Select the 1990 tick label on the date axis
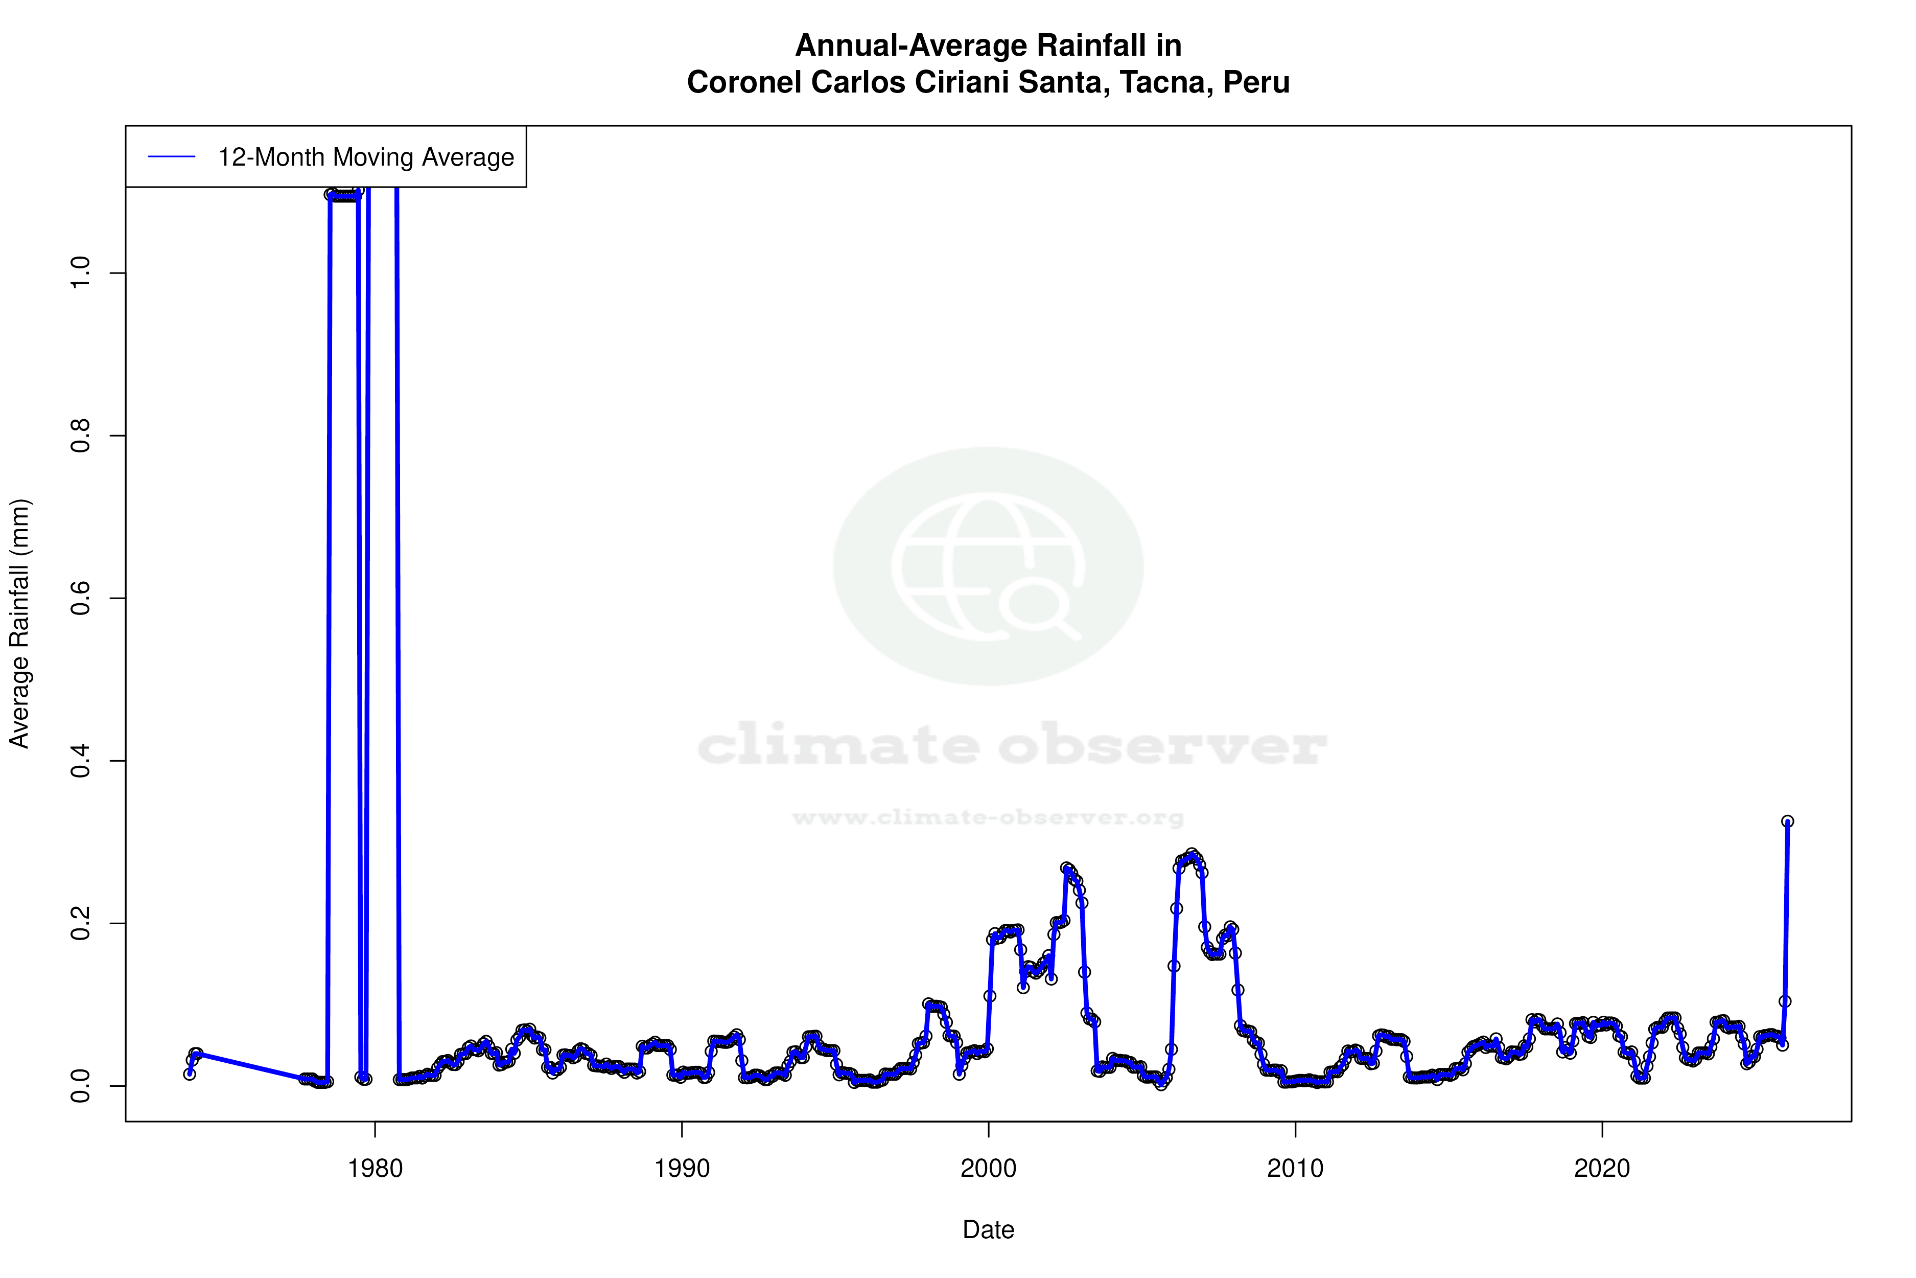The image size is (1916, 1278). pyautogui.click(x=682, y=1168)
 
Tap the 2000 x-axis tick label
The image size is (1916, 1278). pyautogui.click(x=988, y=1168)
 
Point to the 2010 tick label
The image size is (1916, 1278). pyautogui.click(x=1295, y=1168)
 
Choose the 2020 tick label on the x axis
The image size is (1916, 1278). pyautogui.click(x=1602, y=1168)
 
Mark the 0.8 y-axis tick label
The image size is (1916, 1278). pyautogui.click(x=80, y=436)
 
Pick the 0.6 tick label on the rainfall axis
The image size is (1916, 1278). pyautogui.click(x=80, y=598)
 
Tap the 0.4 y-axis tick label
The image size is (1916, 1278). pyautogui.click(x=80, y=761)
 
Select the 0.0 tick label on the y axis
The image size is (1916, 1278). pyautogui.click(x=80, y=1086)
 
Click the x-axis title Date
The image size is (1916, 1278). pyautogui.click(x=988, y=1230)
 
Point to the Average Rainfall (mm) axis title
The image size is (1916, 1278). pyautogui.click(x=19, y=624)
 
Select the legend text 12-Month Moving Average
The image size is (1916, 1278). pyautogui.click(x=366, y=157)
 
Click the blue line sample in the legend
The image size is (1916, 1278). pyautogui.click(x=172, y=157)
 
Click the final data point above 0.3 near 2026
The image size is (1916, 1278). pyautogui.click(x=1787, y=821)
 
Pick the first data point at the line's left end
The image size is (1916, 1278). pyautogui.click(x=190, y=1074)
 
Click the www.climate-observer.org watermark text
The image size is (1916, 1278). pyautogui.click(x=988, y=817)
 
